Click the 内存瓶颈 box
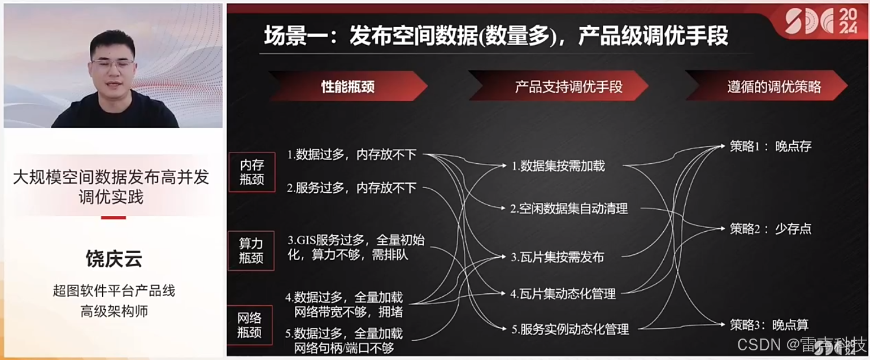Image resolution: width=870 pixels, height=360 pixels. pyautogui.click(x=251, y=172)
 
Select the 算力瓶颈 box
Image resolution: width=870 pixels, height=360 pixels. pyautogui.click(x=251, y=250)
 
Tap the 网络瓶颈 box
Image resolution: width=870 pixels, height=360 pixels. pyautogui.click(x=249, y=325)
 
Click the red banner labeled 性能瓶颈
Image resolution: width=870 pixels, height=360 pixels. pyautogui.click(x=348, y=86)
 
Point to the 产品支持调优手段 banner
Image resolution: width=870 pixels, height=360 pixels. pyautogui.click(x=568, y=86)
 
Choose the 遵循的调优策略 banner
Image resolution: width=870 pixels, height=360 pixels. pyautogui.click(x=774, y=86)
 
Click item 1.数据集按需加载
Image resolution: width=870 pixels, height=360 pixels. pyautogui.click(x=558, y=166)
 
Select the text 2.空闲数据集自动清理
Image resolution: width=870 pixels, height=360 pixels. pyautogui.click(x=569, y=209)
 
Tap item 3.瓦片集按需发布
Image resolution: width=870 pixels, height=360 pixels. pyautogui.click(x=558, y=257)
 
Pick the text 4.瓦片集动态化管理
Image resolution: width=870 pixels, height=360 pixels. pyautogui.click(x=563, y=294)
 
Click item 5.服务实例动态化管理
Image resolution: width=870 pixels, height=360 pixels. pyautogui.click(x=570, y=329)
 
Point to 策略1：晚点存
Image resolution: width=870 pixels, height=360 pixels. pyautogui.click(x=770, y=146)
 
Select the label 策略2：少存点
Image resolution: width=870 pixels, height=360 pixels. pyautogui.click(x=770, y=228)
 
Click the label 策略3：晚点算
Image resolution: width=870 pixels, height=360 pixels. pyautogui.click(x=769, y=325)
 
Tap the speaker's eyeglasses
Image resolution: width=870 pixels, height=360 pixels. pyautogui.click(x=114, y=64)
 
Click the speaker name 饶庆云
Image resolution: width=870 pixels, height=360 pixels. pyautogui.click(x=114, y=259)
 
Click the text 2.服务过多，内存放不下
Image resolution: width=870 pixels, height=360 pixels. pyautogui.click(x=351, y=188)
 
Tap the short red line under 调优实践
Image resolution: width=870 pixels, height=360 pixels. pyautogui.click(x=114, y=218)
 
